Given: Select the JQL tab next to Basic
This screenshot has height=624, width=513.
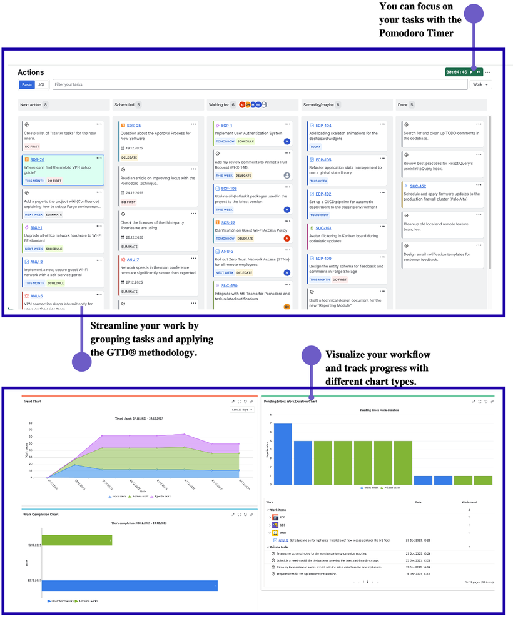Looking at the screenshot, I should pyautogui.click(x=42, y=84).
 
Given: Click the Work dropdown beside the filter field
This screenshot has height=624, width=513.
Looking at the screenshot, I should pyautogui.click(x=480, y=84).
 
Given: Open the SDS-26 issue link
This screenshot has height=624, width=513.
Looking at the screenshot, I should pyautogui.click(x=37, y=159).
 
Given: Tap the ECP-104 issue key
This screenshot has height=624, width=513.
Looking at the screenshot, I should pyautogui.click(x=323, y=126).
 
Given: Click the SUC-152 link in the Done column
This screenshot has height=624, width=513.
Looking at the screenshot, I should pyautogui.click(x=418, y=186).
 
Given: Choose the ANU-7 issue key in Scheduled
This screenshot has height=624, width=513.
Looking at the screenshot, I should pyautogui.click(x=133, y=259).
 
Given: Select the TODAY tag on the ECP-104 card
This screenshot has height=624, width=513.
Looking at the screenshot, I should pyautogui.click(x=315, y=147).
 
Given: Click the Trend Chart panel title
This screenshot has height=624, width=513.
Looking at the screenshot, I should pyautogui.click(x=32, y=401).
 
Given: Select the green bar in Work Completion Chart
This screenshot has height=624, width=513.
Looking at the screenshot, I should pyautogui.click(x=76, y=540).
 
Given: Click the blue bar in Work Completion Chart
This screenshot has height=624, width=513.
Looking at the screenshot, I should pyautogui.click(x=130, y=585).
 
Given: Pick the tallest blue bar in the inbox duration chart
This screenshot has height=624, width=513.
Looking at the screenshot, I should pyautogui.click(x=283, y=454).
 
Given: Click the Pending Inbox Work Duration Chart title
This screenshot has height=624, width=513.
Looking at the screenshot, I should pyautogui.click(x=290, y=401).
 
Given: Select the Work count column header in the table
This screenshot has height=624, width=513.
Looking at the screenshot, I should pyautogui.click(x=469, y=502).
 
